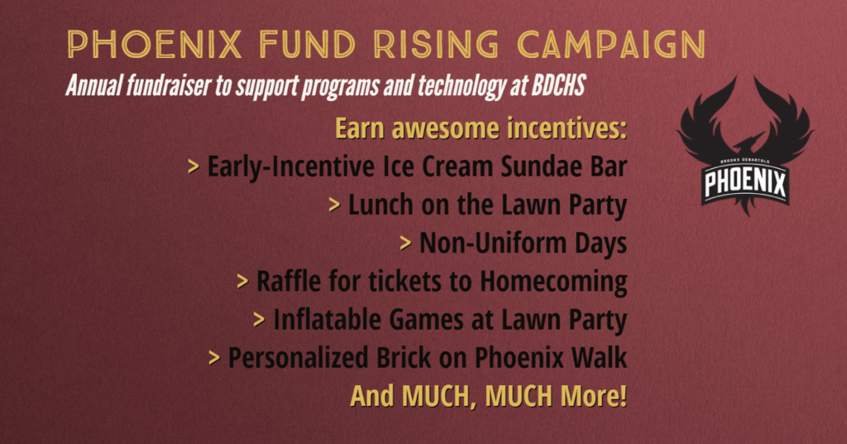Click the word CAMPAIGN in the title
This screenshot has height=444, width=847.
tap(611, 45)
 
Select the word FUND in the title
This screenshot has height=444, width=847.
tap(307, 45)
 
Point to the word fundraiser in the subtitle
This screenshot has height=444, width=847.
tap(170, 85)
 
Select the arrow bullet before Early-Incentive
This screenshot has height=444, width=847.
tap(193, 166)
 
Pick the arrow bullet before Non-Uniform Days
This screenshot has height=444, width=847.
tap(405, 243)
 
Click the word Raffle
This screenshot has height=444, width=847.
tap(289, 281)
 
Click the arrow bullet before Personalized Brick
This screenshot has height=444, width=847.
tap(214, 358)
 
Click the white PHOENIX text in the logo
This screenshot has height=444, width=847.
tap(745, 183)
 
